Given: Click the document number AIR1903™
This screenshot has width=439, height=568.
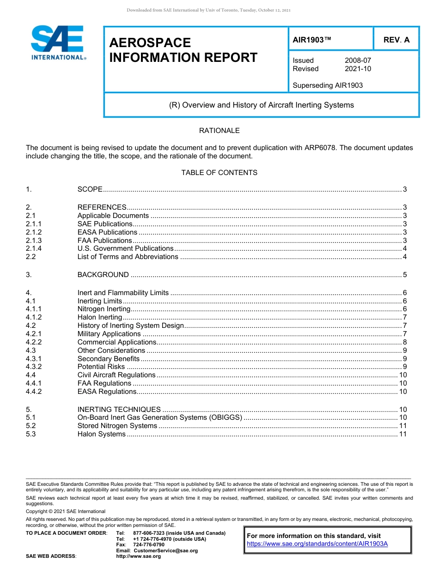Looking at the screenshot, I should [x=312, y=40].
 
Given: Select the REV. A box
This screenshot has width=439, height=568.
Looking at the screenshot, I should [x=396, y=40].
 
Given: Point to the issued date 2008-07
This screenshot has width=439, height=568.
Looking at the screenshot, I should [x=358, y=60].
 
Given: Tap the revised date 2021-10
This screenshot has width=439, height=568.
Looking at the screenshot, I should [x=358, y=69].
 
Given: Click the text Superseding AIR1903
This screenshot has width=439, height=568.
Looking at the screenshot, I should [x=328, y=85].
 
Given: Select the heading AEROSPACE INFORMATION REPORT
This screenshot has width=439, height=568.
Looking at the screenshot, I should [x=183, y=50].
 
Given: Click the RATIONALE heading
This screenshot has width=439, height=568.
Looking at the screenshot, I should [x=219, y=131].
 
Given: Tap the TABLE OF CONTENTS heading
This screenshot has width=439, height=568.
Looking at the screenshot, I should [x=219, y=173].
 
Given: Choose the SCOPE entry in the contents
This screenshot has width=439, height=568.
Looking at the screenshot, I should [x=90, y=189].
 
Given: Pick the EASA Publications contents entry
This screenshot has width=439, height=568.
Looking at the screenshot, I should [x=107, y=232].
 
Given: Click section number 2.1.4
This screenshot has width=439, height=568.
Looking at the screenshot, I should [x=34, y=248].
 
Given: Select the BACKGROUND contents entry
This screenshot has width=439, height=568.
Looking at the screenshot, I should [x=103, y=275].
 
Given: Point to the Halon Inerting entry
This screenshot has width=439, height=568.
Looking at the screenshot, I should [x=99, y=317].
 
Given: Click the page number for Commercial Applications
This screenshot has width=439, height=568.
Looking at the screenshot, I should [x=404, y=342].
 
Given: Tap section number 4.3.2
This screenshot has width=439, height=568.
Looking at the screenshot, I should [x=34, y=367].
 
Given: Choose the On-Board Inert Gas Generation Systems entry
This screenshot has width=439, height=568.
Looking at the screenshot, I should [x=159, y=417].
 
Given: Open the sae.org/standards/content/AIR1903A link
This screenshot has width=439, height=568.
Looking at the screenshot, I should [x=317, y=544].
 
